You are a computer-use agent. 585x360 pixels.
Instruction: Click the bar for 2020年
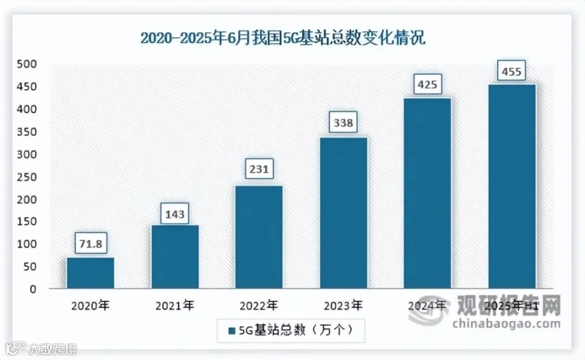pos(90,273)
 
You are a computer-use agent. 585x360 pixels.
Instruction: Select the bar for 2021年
pos(175,257)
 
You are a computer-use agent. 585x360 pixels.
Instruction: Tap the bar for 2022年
pos(259,237)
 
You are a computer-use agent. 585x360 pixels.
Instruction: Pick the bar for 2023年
pos(344,213)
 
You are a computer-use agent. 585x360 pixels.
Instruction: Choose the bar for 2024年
pos(428,193)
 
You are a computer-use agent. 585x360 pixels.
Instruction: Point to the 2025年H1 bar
pos(512,186)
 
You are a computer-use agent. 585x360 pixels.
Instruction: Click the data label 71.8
pos(90,243)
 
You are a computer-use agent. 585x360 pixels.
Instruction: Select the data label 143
pos(175,214)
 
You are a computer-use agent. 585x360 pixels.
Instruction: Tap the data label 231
pos(259,169)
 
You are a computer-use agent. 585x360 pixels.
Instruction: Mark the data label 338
pos(343,122)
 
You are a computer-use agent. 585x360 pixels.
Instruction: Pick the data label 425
pos(427,84)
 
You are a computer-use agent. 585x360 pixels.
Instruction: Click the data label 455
pos(512,71)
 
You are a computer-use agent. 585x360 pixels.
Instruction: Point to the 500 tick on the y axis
pos(27,64)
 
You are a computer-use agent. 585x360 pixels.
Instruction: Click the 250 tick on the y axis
pos(27,177)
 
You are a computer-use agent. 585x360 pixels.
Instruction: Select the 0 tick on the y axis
pos(33,289)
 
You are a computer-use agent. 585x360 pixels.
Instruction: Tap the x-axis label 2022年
pos(259,306)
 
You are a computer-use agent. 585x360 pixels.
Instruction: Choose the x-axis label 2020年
pos(90,306)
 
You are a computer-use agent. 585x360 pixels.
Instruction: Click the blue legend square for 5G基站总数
pos(231,331)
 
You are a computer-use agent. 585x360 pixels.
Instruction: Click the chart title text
pos(283,38)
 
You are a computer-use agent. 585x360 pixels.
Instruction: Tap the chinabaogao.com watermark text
pos(506,324)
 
